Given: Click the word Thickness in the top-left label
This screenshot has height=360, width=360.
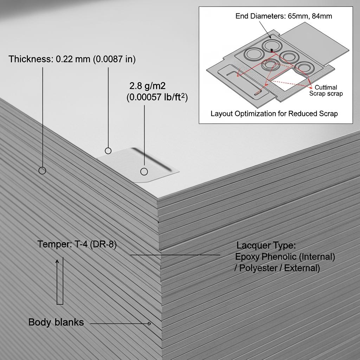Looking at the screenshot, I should pos(30,59).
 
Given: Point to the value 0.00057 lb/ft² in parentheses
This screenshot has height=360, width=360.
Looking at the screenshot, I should pos(157,97).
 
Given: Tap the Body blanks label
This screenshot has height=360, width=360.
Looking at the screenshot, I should pos(56,322).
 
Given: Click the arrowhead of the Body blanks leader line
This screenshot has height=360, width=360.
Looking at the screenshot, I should pos(149,323).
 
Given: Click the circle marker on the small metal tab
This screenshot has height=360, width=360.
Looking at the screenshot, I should pos(144,172).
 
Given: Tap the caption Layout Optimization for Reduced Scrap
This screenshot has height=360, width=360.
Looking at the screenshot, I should pos(274,114).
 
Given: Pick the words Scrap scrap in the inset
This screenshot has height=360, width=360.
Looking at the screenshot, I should pos(326,94).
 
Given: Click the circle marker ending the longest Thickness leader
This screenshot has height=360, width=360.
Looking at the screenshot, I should pos(42,171).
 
